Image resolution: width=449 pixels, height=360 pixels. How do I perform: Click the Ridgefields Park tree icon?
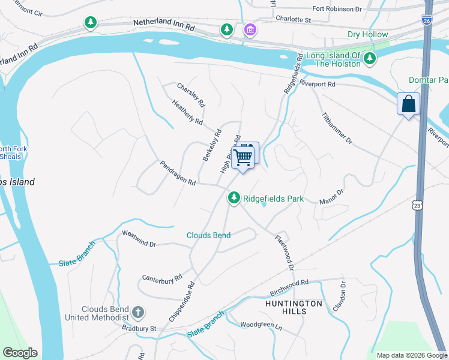coord(234,197)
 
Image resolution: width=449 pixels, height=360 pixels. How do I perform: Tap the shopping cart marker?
coord(244,157)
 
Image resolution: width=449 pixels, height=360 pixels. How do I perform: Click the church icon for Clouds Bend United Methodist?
coord(138,312)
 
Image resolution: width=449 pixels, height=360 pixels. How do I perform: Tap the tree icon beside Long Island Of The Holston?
coord(371,58)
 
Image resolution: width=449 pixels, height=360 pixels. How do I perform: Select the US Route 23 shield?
coord(417,205)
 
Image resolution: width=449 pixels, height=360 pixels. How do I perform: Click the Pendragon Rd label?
coord(178,173)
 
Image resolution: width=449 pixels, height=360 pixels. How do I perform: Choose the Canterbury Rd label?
coord(161,279)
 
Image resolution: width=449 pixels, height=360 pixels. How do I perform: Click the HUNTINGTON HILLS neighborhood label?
coord(294,308)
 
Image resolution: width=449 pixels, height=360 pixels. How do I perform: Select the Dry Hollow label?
coord(368,34)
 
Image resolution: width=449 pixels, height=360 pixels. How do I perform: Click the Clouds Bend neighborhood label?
coord(208,235)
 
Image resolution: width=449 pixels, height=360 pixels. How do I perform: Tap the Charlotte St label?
coord(293,19)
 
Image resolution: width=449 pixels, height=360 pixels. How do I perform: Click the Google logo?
coord(20,353)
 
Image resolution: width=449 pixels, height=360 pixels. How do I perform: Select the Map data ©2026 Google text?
coord(411,355)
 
